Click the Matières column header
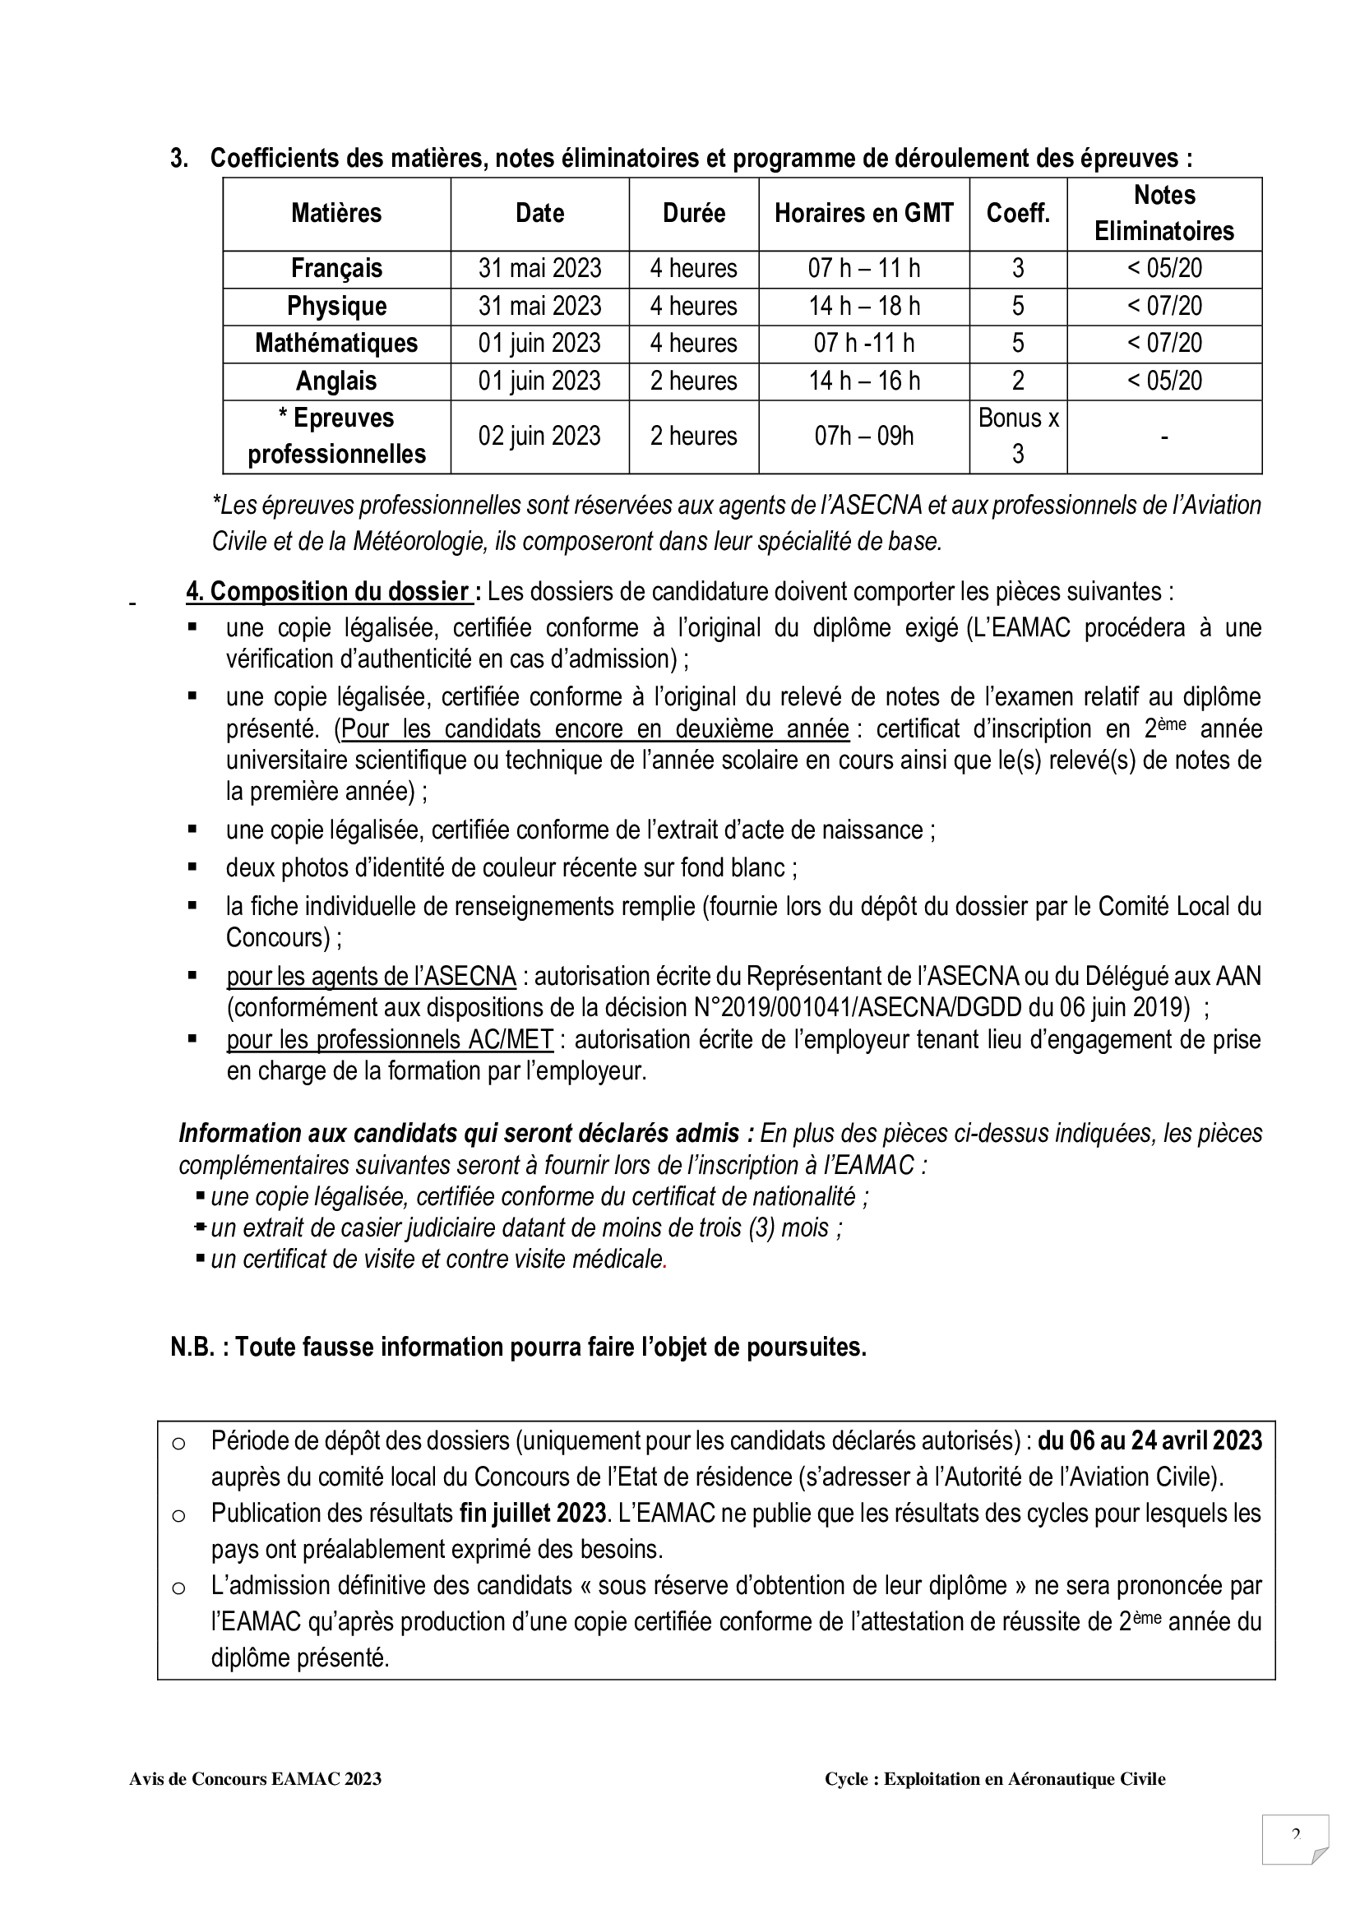[335, 214]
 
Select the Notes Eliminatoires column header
[1163, 214]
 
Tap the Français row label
[335, 269]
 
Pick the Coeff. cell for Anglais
[1017, 381]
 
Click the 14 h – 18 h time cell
[863, 307]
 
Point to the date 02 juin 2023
[539, 437]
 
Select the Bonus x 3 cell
[1017, 437]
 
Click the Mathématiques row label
[335, 344]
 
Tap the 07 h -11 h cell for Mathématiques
[863, 344]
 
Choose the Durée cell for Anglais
[693, 381]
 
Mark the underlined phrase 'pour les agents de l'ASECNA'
[371, 977]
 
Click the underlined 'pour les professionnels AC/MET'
[390, 1039]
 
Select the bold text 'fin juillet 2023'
[533, 1513]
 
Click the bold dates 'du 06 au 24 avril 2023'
[1150, 1440]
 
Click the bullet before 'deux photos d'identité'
[192, 867]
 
